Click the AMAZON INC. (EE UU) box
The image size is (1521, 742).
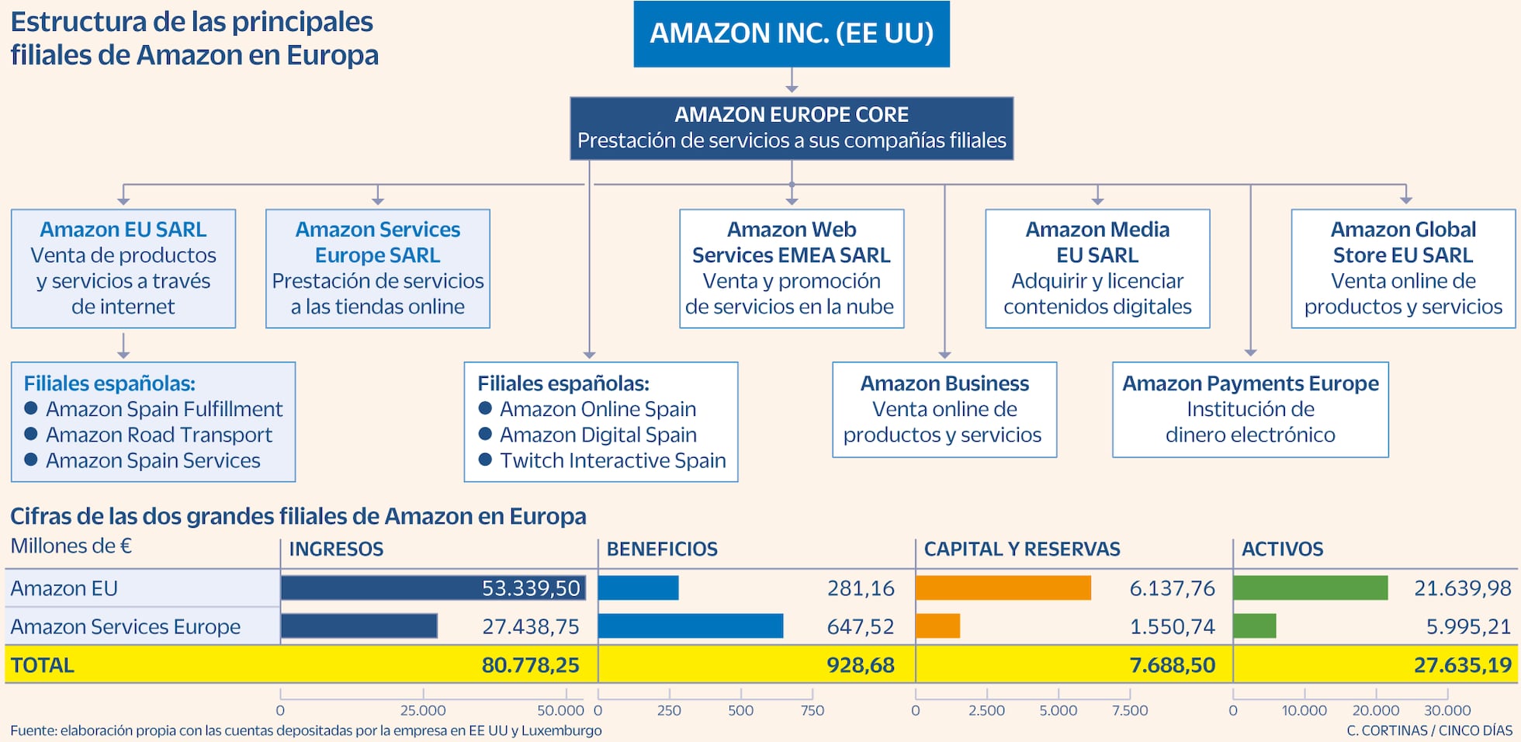tap(792, 33)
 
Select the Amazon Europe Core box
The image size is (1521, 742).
tap(792, 128)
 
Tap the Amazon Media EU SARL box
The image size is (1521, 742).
tap(1097, 268)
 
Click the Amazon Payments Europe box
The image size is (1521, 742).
tap(1250, 409)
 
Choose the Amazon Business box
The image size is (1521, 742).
tap(944, 409)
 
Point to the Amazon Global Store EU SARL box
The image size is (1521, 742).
tap(1403, 268)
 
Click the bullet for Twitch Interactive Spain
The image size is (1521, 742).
tap(486, 459)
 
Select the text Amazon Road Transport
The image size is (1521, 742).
tap(159, 435)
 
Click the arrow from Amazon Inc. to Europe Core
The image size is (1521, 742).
tap(792, 81)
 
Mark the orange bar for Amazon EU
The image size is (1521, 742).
tap(1003, 588)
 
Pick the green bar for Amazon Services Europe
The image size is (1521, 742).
tap(1254, 626)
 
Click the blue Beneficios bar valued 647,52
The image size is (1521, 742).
tap(690, 626)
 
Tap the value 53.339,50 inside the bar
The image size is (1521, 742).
tap(531, 588)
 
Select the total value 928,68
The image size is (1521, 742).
tap(860, 665)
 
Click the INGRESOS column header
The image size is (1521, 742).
tap(336, 550)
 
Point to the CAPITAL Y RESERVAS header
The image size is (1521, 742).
tap(1021, 550)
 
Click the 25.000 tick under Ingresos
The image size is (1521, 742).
tap(423, 709)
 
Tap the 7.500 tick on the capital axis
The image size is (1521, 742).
tap(1130, 709)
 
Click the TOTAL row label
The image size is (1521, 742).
tap(43, 665)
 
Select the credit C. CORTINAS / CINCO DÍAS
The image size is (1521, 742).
tap(1429, 730)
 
